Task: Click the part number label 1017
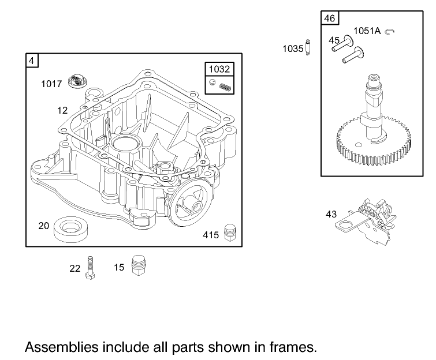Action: (51, 84)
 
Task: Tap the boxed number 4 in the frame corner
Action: (32, 60)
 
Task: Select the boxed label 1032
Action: (220, 69)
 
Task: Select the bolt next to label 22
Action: (90, 268)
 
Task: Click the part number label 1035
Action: (293, 49)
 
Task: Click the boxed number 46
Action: (329, 18)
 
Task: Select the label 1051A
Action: (367, 31)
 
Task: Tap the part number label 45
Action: (334, 40)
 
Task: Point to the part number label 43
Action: (331, 214)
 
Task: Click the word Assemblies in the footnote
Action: (61, 347)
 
